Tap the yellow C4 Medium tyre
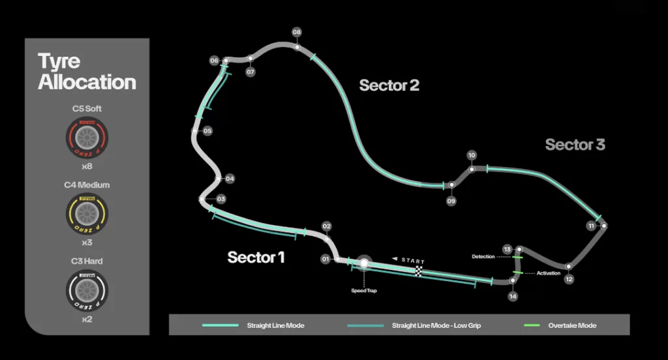point(87,213)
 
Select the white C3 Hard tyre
point(87,290)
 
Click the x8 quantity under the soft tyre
point(87,166)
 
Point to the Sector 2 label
point(389,85)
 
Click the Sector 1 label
point(256,258)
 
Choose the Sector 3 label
point(575,145)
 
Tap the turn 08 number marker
point(297,31)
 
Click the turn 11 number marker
point(591,226)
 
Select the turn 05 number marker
point(207,131)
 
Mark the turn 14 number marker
point(513,296)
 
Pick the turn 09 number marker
point(451,201)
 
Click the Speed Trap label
point(363,291)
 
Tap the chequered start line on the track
point(419,270)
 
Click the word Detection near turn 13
point(483,257)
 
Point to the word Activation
point(548,273)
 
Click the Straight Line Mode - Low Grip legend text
point(436,325)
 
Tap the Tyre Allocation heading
point(87,72)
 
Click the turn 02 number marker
point(327,226)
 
